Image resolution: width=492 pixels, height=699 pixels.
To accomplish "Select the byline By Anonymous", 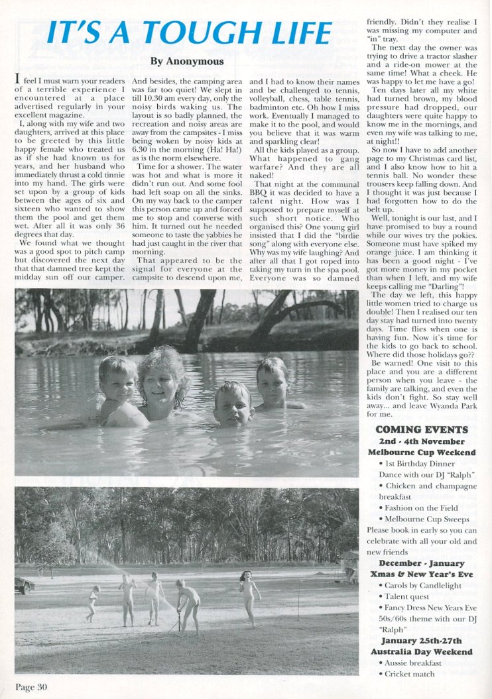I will [x=187, y=62].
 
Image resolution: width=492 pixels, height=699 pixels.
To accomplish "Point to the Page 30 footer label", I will [x=31, y=687].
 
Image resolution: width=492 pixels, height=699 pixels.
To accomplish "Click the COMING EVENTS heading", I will [x=421, y=429].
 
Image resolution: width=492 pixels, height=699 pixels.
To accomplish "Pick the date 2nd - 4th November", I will [x=421, y=441].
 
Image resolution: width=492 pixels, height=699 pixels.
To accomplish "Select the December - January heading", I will [x=421, y=563].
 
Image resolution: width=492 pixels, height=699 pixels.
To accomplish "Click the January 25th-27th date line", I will [x=421, y=641].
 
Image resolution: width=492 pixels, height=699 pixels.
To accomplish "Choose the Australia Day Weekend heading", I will [x=421, y=652].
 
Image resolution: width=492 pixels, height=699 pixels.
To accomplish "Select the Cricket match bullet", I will [x=411, y=674].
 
